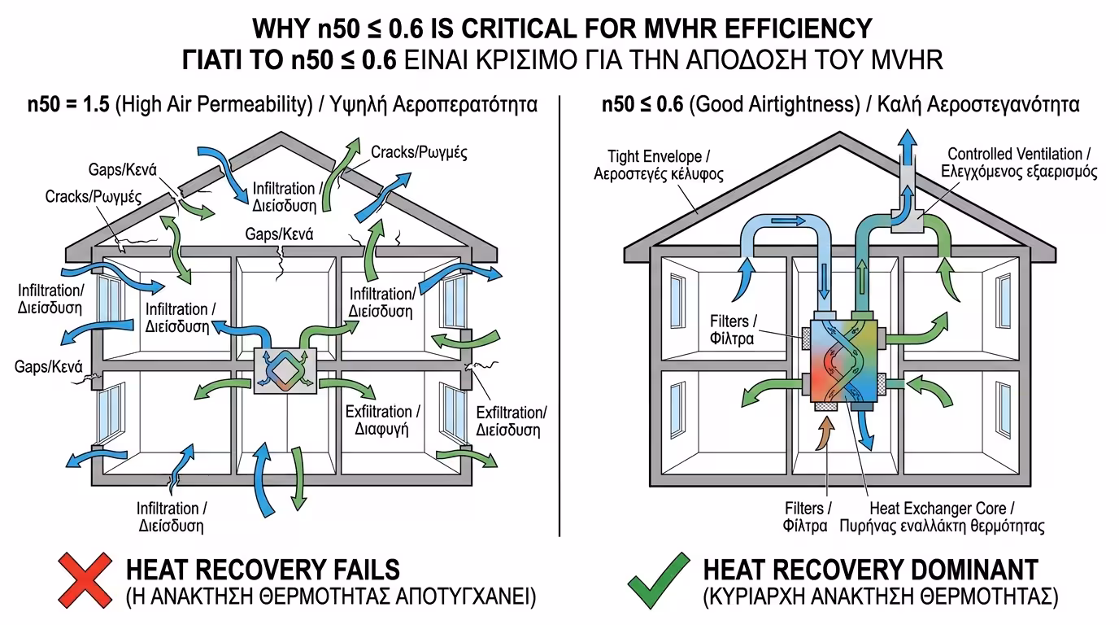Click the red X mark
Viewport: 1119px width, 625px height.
(85, 581)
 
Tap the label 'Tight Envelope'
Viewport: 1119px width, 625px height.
(664, 164)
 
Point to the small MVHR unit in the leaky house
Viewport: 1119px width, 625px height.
(285, 370)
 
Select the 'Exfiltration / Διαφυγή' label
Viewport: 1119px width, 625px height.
(381, 420)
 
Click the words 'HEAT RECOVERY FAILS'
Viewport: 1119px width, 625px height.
(263, 569)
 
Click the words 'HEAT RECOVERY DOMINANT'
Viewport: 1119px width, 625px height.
(870, 569)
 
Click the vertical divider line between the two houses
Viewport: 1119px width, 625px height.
(560, 317)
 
